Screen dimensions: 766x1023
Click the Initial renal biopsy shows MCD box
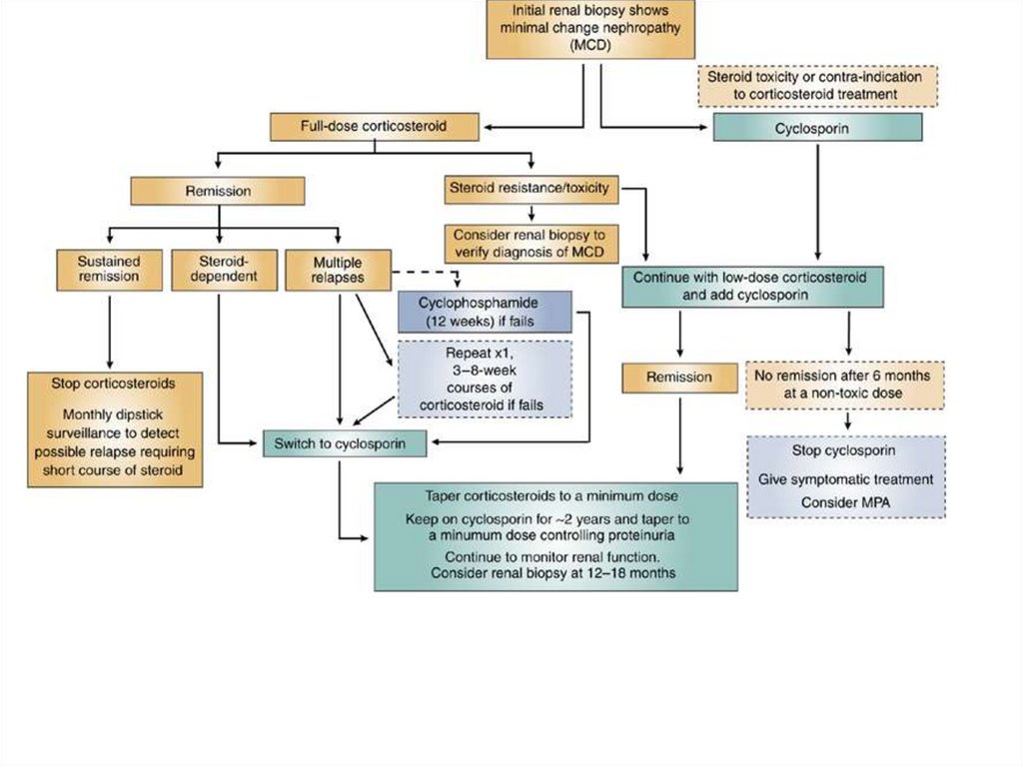(x=582, y=29)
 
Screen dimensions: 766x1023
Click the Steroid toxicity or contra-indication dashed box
(x=815, y=85)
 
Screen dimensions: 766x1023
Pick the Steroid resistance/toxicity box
(x=532, y=186)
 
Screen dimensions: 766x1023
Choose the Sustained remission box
(x=109, y=268)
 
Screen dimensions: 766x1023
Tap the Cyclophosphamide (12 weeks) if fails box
(x=486, y=312)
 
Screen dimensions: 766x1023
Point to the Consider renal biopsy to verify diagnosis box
(x=531, y=241)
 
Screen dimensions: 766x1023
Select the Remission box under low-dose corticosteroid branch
(x=679, y=377)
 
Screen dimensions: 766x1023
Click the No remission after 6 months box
(x=845, y=384)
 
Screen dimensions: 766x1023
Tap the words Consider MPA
(x=845, y=502)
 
